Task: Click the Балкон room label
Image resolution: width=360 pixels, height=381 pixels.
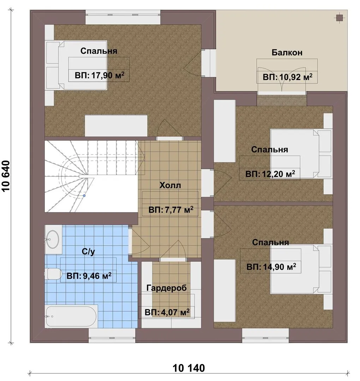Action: tap(287, 53)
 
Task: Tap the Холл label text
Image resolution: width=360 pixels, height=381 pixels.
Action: tap(170, 186)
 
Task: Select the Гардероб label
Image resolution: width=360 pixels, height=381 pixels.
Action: tap(167, 288)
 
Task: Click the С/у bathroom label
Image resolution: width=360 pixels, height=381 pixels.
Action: tap(88, 252)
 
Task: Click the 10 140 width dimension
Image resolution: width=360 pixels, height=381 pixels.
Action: tap(188, 368)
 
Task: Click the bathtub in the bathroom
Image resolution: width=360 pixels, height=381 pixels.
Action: tap(71, 316)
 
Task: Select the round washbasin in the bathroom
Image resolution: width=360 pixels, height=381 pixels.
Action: tap(52, 239)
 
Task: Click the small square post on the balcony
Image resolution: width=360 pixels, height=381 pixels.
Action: tap(339, 18)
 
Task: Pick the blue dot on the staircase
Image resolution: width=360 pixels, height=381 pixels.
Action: tap(84, 195)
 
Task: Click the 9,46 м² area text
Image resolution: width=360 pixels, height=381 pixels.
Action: tap(89, 276)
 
